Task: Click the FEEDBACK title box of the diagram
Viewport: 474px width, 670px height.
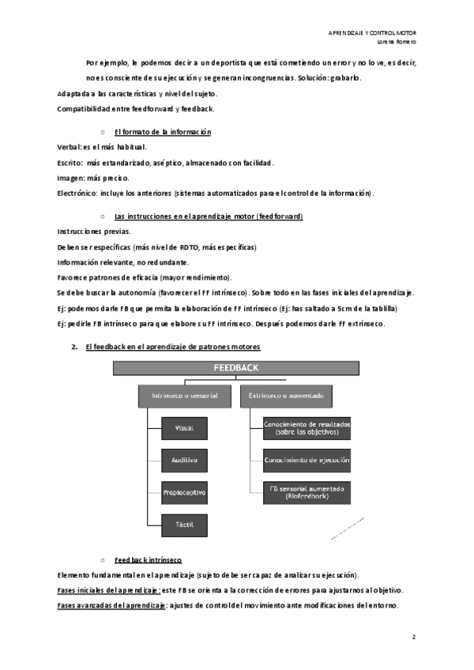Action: pos(235,367)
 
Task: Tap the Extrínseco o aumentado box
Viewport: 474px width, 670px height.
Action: pos(285,394)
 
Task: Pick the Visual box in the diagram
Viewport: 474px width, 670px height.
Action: pos(183,427)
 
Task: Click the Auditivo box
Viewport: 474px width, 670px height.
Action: pos(183,459)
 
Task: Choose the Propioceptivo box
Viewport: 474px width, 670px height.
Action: pos(183,491)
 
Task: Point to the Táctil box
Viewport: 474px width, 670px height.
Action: pos(183,523)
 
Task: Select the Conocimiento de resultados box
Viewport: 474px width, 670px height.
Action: pos(307,427)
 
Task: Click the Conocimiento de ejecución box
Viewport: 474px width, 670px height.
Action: pos(307,459)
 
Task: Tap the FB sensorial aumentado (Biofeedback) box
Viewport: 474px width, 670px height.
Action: pos(307,491)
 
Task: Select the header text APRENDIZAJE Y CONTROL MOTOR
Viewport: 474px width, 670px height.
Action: pos(372,32)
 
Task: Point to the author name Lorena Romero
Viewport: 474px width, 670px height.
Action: pos(397,42)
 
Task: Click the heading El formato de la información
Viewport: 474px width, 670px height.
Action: pos(162,130)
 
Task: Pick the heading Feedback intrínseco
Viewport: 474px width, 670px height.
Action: pos(149,557)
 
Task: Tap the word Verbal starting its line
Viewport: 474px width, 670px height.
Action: pos(69,147)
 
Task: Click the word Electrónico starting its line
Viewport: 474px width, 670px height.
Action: pos(76,192)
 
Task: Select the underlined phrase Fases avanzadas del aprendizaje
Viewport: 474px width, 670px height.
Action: pos(112,605)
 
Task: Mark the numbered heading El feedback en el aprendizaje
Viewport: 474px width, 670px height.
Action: pos(173,347)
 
